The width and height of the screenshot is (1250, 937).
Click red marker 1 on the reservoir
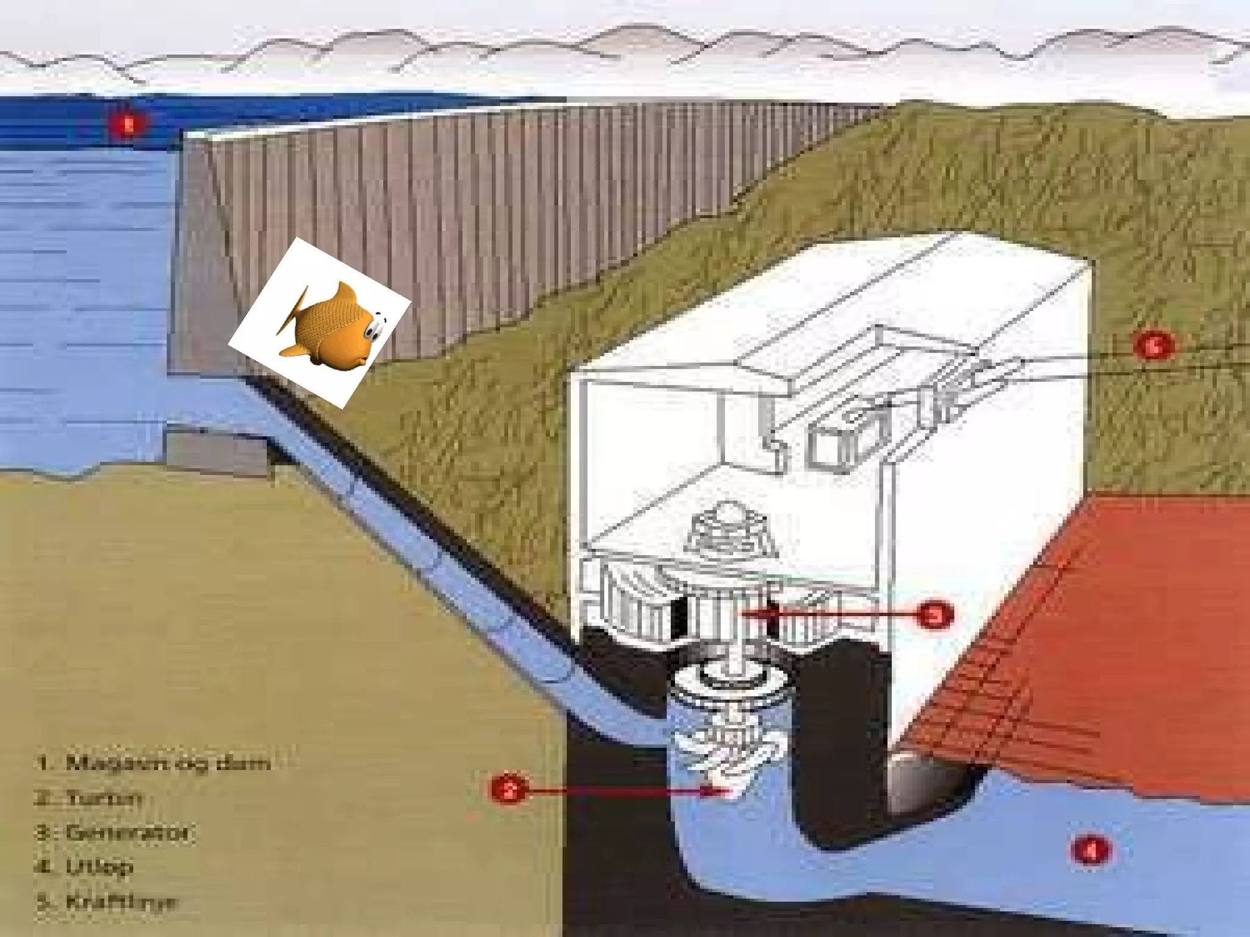tap(128, 125)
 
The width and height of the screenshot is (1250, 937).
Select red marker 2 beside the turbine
tap(508, 791)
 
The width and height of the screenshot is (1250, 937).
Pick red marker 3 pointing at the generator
tap(935, 615)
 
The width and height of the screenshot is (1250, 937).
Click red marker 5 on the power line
tap(1153, 346)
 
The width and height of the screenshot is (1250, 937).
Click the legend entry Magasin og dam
tap(153, 763)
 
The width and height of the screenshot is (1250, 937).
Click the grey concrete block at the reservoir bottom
tap(217, 451)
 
